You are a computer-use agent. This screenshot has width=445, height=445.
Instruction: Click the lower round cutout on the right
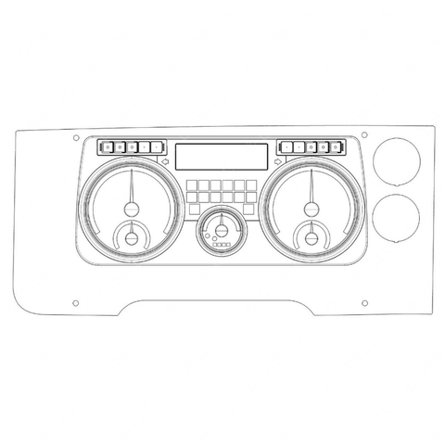pyautogui.click(x=397, y=216)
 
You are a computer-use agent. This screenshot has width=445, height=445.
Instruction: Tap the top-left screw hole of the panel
pyautogui.click(x=76, y=137)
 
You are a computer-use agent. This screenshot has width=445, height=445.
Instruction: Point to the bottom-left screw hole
pyautogui.click(x=76, y=303)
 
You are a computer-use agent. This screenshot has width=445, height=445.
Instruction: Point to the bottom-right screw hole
pyautogui.click(x=364, y=303)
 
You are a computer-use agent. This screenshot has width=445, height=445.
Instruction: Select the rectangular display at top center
pyautogui.click(x=222, y=156)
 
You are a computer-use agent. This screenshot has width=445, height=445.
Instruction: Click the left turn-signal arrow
pyautogui.click(x=165, y=162)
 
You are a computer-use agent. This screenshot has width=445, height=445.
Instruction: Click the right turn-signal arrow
pyautogui.click(x=279, y=162)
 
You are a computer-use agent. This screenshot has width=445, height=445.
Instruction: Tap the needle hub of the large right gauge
pyautogui.click(x=311, y=207)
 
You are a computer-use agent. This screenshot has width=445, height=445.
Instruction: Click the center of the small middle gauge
pyautogui.click(x=222, y=231)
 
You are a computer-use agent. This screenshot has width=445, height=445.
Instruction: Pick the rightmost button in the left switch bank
pyautogui.click(x=158, y=146)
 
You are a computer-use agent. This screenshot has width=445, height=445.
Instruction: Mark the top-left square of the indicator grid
pyautogui.click(x=192, y=184)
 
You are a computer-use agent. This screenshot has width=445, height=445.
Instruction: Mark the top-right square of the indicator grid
pyautogui.click(x=251, y=184)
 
